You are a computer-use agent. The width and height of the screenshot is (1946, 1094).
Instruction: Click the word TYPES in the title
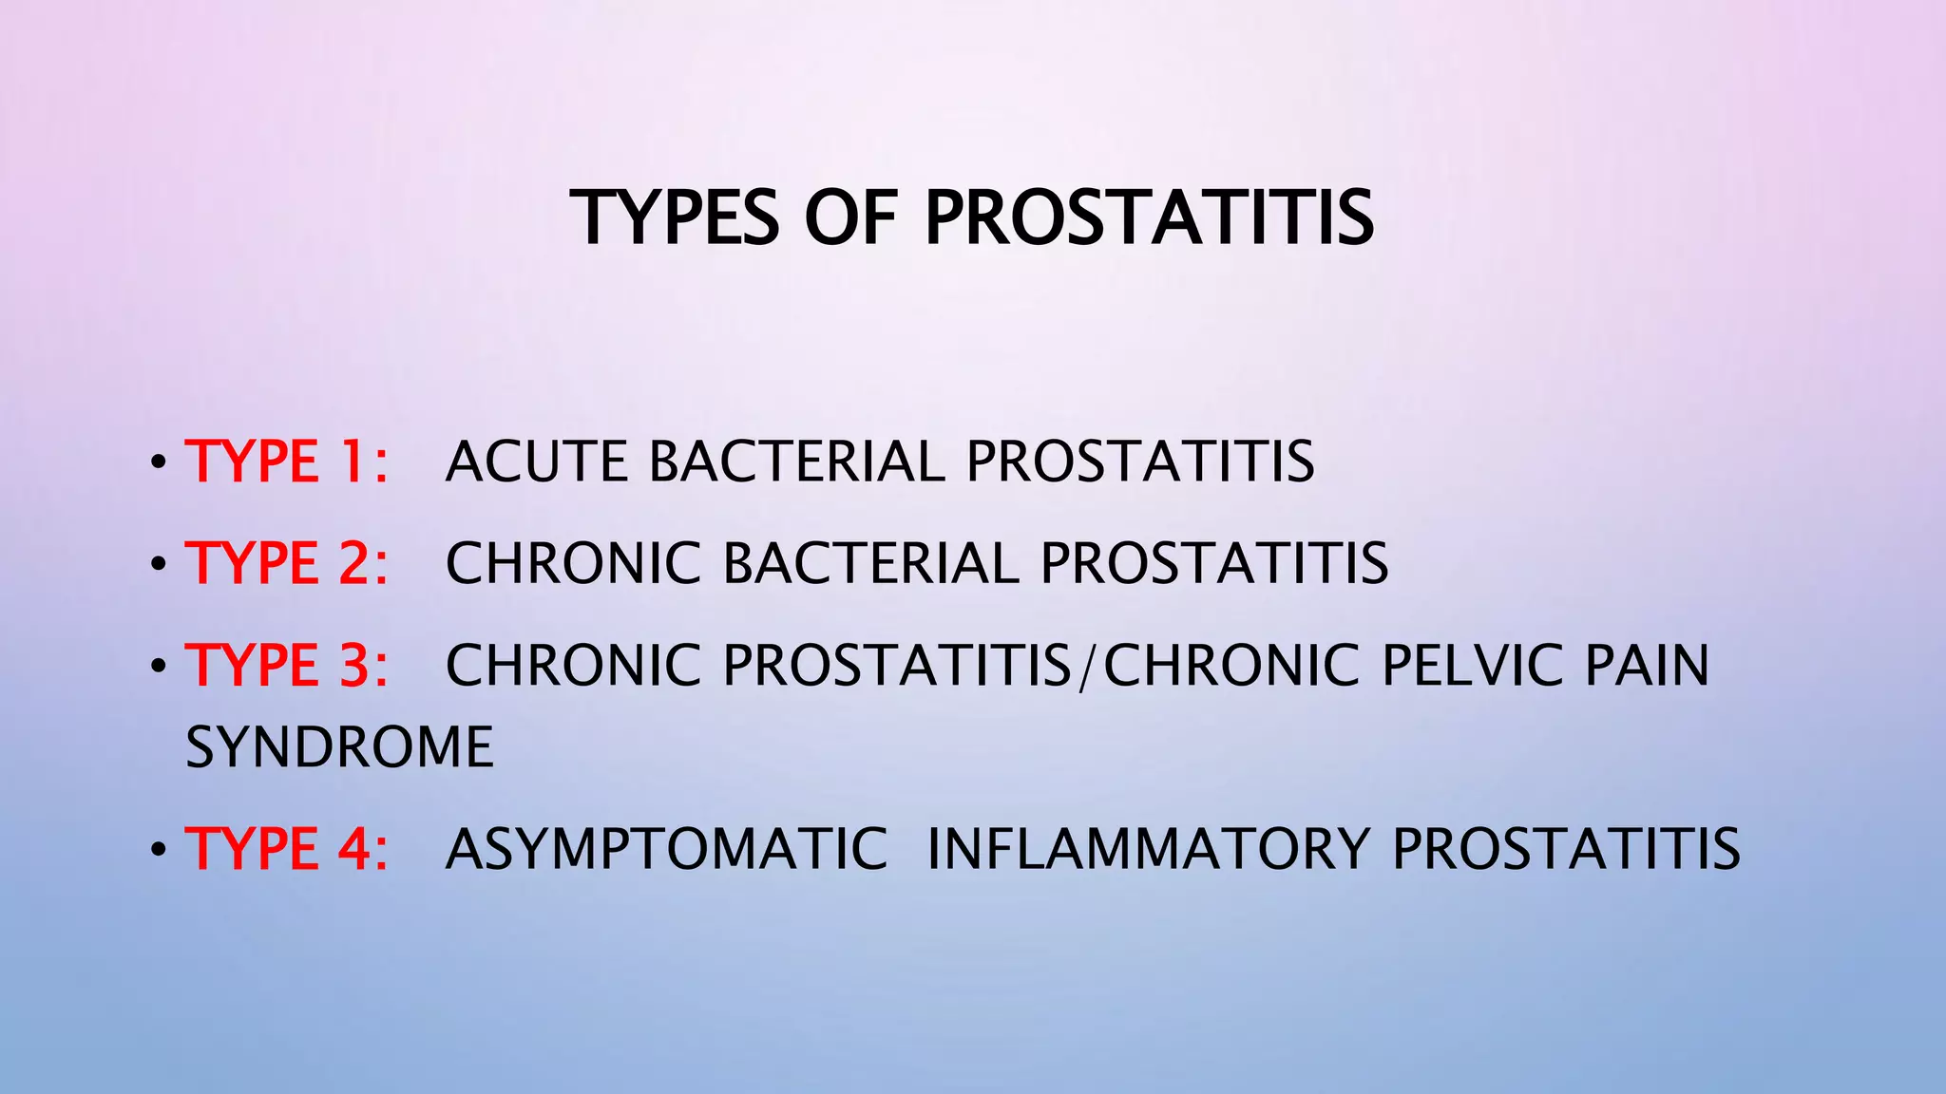click(x=676, y=217)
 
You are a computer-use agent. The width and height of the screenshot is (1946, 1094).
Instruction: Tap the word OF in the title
click(x=850, y=217)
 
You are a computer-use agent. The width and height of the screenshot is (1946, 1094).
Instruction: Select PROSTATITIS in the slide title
click(x=1149, y=217)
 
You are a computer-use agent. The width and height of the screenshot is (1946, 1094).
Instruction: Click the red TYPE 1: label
click(x=286, y=462)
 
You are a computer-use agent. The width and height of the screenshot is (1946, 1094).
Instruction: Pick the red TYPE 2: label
click(x=286, y=563)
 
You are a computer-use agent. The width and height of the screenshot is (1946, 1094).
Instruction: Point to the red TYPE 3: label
click(x=286, y=665)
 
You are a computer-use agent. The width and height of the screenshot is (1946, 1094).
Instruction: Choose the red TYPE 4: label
click(x=286, y=849)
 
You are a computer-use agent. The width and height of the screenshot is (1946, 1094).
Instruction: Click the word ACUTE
click(x=536, y=462)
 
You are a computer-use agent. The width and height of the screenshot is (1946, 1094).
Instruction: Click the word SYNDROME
click(x=339, y=747)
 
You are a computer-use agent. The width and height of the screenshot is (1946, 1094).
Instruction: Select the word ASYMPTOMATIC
click(x=666, y=849)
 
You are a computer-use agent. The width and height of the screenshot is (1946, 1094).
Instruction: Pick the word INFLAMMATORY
click(x=1148, y=849)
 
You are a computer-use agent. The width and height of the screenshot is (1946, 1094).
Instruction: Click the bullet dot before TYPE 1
click(x=158, y=464)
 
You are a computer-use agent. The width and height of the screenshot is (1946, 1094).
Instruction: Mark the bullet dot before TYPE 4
click(x=158, y=851)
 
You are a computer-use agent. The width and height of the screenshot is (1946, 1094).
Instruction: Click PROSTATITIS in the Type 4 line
click(x=1566, y=849)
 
